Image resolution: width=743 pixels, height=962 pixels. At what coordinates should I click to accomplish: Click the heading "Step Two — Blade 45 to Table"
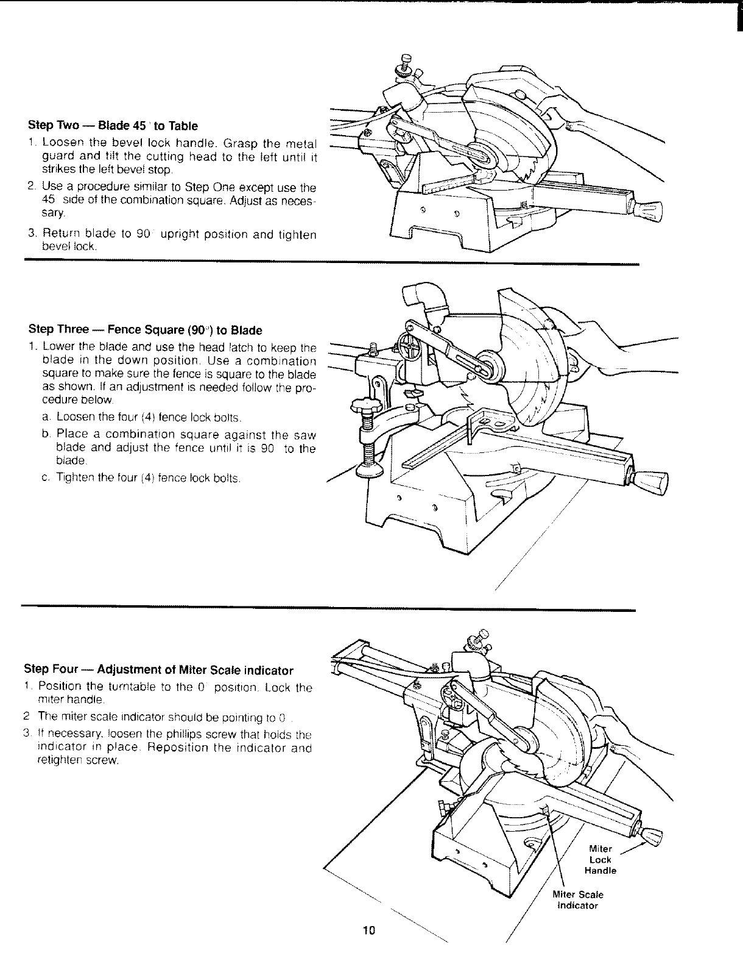pos(113,126)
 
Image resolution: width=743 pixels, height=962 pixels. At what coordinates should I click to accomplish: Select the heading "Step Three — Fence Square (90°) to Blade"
pos(146,331)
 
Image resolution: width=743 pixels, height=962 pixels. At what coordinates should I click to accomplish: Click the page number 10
pos(369,930)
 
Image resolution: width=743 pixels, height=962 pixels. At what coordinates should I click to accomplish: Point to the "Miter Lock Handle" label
pos(600,860)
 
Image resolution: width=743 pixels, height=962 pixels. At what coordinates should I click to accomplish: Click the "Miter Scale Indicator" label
pos(577,900)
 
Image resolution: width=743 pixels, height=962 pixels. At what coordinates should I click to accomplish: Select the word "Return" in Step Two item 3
pos(60,234)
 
